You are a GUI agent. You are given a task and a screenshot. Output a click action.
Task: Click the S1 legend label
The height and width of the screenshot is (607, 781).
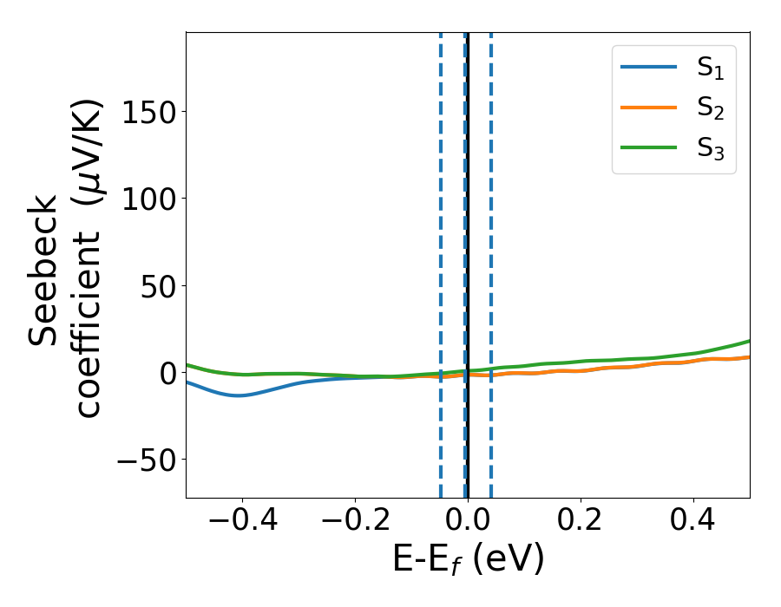click(710, 69)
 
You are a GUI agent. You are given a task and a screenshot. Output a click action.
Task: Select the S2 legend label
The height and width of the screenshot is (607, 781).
click(710, 109)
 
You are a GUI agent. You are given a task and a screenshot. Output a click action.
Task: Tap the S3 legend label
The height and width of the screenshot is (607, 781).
click(710, 149)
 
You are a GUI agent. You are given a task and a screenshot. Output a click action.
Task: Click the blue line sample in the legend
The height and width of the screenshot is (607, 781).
click(648, 68)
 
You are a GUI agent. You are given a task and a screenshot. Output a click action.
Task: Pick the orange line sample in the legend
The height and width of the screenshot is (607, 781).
click(648, 108)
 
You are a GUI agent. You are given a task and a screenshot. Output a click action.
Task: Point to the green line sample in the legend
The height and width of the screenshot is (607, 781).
click(648, 147)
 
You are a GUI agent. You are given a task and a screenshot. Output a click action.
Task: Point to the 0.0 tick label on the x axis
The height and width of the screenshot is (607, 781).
click(469, 522)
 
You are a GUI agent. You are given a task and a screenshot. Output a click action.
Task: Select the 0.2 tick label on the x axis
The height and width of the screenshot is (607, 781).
click(581, 522)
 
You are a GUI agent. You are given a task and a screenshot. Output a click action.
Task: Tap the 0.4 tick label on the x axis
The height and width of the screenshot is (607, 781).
click(694, 522)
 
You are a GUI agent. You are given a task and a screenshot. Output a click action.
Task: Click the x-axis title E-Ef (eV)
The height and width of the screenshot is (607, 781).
click(469, 559)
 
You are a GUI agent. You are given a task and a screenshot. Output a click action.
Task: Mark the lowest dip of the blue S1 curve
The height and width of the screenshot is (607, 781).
click(240, 395)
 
